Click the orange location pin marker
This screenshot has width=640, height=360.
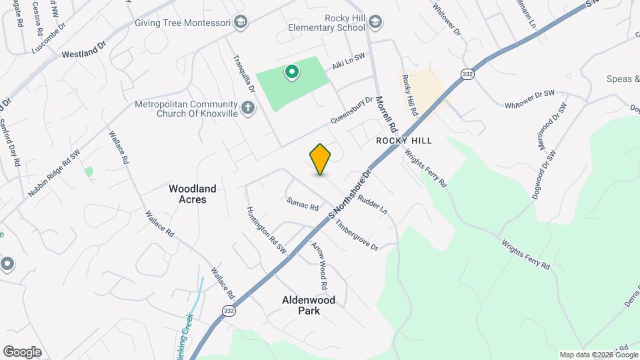pos(320,159)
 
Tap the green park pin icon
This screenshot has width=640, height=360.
pos(291,71)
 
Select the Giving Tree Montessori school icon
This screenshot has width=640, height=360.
pos(241,23)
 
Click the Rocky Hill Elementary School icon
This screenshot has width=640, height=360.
pos(375,23)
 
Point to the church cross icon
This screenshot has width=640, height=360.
pos(248,107)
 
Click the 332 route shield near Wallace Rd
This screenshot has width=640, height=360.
pos(229,311)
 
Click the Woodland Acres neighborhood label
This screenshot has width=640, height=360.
pos(193,194)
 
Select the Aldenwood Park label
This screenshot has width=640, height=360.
pos(308,305)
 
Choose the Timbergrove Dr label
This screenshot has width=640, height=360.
pos(357,237)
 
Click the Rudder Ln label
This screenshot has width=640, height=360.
pos(373,204)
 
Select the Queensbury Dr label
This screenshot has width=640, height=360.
pos(352,112)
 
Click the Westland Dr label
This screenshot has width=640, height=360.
pos(84,51)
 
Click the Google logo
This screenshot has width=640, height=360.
pos(22,351)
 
